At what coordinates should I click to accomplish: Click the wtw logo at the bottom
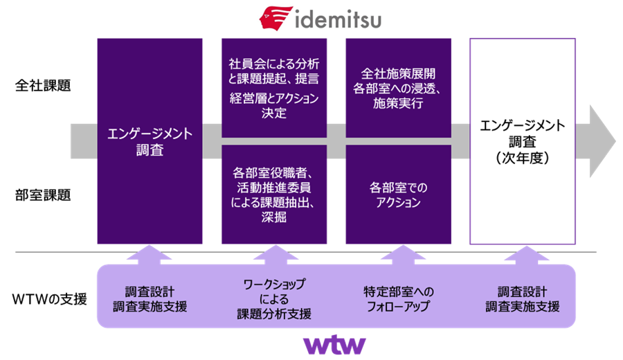click(334, 344)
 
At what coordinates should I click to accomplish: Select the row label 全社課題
click(43, 87)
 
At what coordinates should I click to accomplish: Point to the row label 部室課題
click(43, 195)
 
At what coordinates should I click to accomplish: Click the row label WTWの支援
click(49, 300)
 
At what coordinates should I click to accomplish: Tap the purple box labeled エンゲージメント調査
click(150, 141)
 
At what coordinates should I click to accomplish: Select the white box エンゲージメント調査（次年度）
click(523, 141)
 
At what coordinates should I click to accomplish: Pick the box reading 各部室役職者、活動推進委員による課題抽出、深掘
click(274, 195)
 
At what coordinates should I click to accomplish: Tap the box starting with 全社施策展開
click(398, 88)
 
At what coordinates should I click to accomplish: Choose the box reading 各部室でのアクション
click(398, 195)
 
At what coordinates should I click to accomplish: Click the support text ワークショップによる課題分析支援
click(274, 299)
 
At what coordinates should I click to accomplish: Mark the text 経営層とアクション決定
click(274, 106)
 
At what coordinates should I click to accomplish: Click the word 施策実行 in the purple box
click(398, 105)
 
